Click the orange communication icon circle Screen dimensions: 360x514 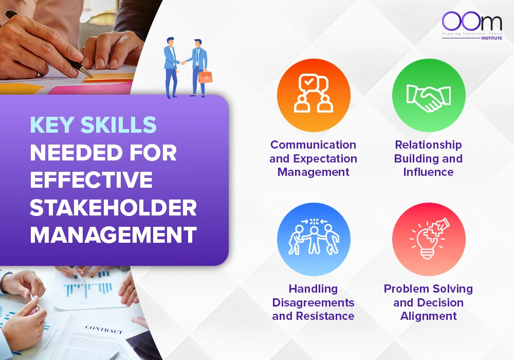314,95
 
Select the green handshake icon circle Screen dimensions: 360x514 429,95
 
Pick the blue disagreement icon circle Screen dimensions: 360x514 314,239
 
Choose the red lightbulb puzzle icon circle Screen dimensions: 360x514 429,239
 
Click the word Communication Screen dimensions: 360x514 314,145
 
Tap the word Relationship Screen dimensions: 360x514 429,145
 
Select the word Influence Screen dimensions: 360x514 428,172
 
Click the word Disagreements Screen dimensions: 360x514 314,302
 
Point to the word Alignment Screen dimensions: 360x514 429,316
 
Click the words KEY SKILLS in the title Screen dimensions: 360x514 93,125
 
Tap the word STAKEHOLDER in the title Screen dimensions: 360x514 113,207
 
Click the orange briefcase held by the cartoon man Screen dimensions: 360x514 205,76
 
